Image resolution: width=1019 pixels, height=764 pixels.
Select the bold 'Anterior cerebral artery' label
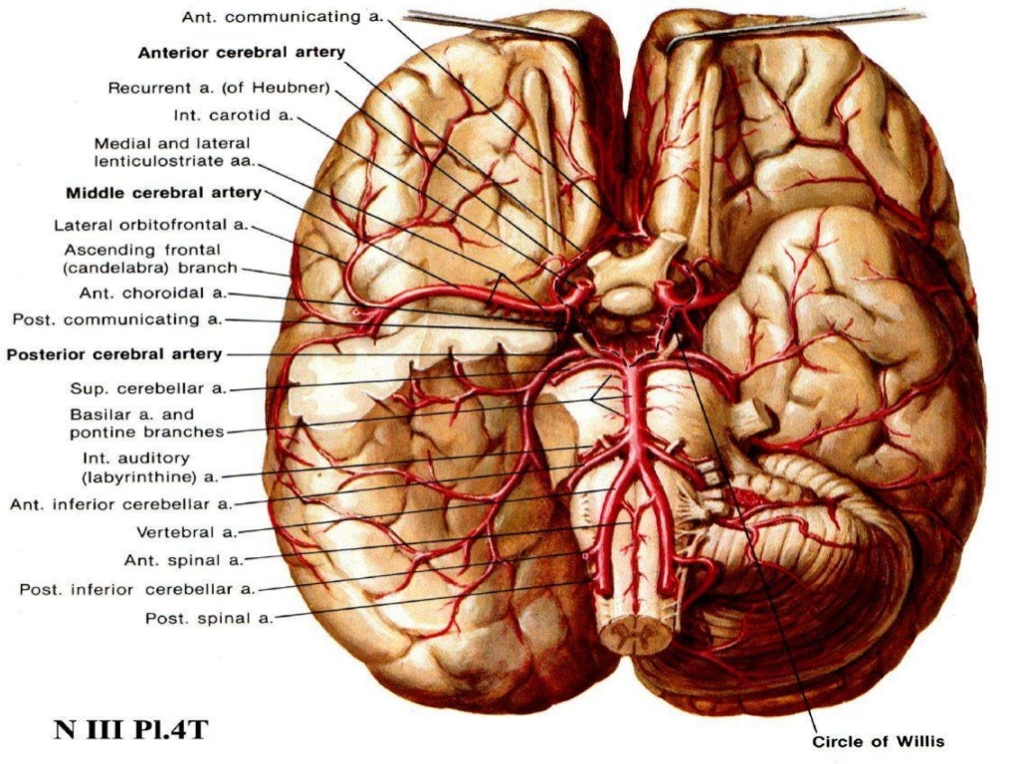pos(242,52)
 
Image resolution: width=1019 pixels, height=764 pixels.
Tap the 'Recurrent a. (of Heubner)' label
pos(219,88)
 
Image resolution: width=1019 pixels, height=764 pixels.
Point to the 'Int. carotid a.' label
pos(233,115)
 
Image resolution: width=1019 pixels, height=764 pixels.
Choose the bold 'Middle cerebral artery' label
pos(163,192)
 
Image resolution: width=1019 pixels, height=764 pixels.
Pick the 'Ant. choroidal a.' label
pos(153,293)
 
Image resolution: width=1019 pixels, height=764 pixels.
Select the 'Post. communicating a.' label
pos(117,319)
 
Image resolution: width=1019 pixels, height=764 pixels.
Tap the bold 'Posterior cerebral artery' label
pos(114,354)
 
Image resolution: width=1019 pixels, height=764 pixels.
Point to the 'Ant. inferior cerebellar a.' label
pos(120,504)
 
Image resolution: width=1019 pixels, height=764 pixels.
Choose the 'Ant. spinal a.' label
pos(183,560)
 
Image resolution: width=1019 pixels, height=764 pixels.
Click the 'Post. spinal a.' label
pos(208,618)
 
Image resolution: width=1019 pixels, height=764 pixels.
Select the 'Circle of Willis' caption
pos(878,741)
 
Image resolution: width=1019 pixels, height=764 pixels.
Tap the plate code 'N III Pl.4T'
pos(130,729)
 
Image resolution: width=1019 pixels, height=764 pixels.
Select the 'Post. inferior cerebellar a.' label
pos(137,589)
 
